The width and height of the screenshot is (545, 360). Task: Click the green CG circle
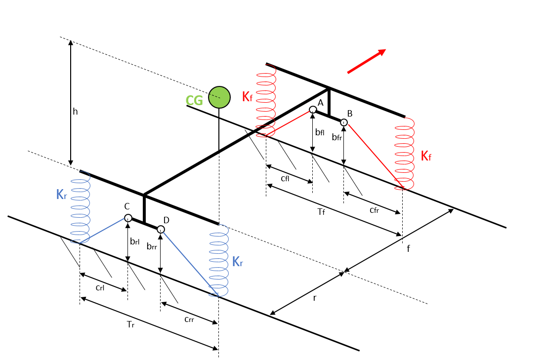[219, 97]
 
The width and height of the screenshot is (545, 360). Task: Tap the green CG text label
[194, 101]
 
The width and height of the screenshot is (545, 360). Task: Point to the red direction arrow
[366, 61]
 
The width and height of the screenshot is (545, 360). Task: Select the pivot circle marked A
[313, 110]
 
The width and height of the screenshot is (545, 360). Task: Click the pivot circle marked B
[344, 122]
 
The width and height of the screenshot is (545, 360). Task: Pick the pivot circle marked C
[128, 218]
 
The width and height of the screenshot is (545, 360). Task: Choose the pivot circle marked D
[161, 229]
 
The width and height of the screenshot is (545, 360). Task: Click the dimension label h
[75, 112]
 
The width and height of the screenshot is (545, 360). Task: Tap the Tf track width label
[321, 212]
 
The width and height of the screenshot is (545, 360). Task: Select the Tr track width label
[130, 324]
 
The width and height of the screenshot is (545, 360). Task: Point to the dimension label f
[408, 249]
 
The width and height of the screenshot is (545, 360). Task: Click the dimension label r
[315, 298]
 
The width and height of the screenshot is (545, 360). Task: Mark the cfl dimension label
[285, 179]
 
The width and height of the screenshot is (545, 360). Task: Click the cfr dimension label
[375, 210]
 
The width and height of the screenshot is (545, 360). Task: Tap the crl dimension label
[100, 288]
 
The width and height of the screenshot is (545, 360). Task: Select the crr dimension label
[189, 320]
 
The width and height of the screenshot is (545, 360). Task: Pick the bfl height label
[320, 132]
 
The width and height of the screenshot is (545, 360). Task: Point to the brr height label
[152, 246]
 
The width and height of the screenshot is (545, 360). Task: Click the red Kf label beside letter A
[247, 97]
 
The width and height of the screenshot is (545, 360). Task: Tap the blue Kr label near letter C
[61, 195]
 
